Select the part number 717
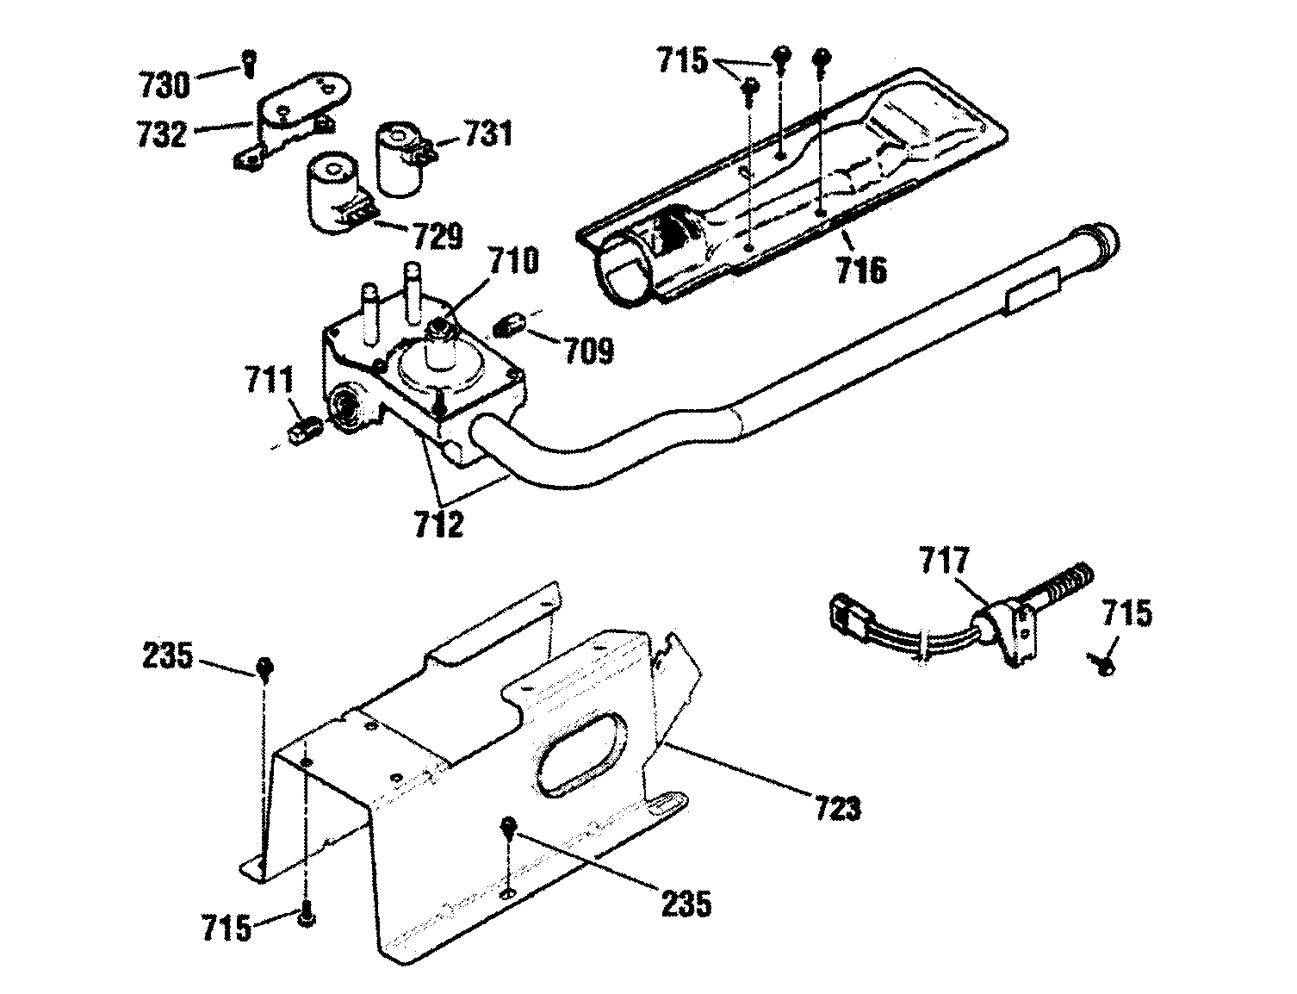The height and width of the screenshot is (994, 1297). coord(945,562)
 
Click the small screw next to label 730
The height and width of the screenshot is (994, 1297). coord(249,61)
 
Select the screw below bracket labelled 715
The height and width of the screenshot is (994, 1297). coord(306,921)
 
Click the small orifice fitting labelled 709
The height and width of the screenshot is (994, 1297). coord(511,326)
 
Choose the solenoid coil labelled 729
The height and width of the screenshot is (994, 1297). coord(332,194)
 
